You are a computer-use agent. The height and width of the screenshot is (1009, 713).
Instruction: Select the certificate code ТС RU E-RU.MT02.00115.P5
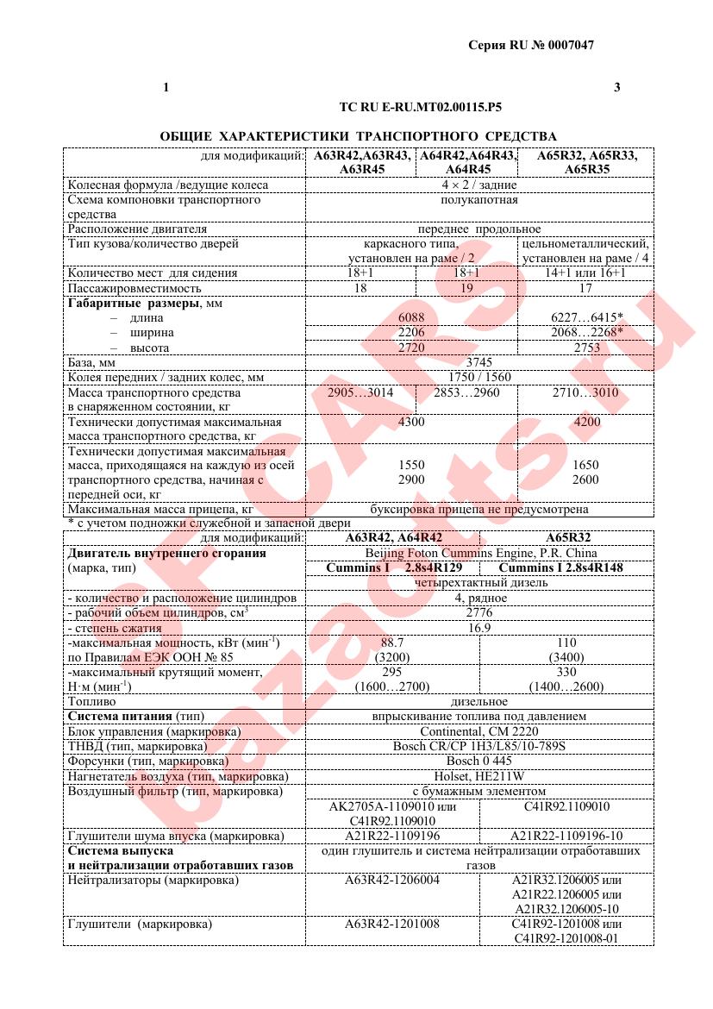tap(421, 109)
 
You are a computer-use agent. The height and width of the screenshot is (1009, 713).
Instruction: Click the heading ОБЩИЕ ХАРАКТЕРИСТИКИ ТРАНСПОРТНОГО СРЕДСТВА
tap(358, 136)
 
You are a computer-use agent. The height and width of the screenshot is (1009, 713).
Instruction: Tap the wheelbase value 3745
tap(478, 363)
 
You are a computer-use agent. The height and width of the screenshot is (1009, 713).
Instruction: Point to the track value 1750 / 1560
tap(478, 377)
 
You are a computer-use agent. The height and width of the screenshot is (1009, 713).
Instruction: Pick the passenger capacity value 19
tap(466, 288)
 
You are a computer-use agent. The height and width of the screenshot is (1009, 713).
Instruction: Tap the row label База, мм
tap(91, 363)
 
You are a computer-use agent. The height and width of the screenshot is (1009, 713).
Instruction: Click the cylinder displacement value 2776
tap(478, 612)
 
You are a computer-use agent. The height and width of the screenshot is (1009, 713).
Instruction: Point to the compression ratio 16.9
tap(478, 627)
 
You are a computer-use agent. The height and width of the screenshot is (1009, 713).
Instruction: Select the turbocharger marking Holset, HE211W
tap(478, 776)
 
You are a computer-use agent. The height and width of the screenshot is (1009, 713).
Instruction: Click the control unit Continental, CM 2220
tap(478, 731)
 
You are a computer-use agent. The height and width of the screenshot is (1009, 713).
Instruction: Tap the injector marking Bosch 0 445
tap(478, 761)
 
